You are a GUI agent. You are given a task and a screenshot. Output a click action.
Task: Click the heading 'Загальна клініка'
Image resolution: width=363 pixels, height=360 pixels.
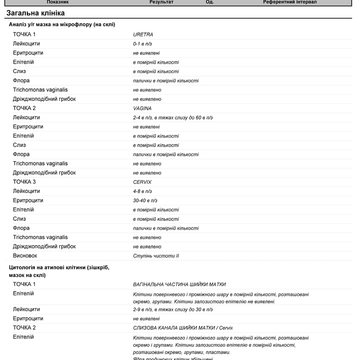pyautogui.click(x=36, y=13)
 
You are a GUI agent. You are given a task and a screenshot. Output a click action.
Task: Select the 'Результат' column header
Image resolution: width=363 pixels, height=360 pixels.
pyautogui.click(x=161, y=2)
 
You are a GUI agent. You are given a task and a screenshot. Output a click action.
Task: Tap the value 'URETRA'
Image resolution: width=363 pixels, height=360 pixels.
pyautogui.click(x=143, y=34)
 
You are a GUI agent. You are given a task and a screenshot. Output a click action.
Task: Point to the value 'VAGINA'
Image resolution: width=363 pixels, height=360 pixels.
pyautogui.click(x=142, y=109)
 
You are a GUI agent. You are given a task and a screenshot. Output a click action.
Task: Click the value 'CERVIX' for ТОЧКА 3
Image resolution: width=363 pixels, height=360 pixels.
pyautogui.click(x=142, y=182)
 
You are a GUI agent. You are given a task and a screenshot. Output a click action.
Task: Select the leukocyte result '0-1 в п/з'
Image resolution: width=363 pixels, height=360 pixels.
pyautogui.click(x=142, y=44)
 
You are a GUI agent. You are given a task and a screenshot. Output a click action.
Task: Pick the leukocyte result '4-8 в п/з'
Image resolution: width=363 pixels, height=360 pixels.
pyautogui.click(x=142, y=192)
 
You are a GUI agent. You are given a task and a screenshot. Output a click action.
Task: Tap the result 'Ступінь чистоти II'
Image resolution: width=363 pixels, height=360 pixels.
pyautogui.click(x=156, y=256)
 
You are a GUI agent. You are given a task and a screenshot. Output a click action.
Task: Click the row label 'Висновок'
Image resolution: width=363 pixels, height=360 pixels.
pyautogui.click(x=25, y=256)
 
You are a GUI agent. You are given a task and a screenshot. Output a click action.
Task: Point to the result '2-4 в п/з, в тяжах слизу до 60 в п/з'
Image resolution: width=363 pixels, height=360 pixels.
pyautogui.click(x=173, y=117)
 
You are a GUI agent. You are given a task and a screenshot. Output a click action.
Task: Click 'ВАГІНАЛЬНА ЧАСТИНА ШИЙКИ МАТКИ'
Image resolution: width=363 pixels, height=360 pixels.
pyautogui.click(x=179, y=285)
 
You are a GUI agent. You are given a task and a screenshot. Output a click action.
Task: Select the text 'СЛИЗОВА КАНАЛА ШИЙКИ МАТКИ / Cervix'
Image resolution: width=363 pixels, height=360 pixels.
pyautogui.click(x=183, y=328)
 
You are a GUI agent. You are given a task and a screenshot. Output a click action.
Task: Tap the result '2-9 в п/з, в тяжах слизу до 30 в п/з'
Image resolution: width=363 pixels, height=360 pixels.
pyautogui.click(x=173, y=310)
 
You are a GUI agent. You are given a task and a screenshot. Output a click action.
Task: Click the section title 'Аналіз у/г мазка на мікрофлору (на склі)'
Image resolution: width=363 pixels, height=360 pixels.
pyautogui.click(x=62, y=24)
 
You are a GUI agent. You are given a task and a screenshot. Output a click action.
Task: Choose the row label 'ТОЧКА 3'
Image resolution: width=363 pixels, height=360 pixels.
pyautogui.click(x=24, y=182)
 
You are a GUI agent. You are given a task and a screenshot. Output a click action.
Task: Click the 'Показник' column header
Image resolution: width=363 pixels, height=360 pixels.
pyautogui.click(x=58, y=2)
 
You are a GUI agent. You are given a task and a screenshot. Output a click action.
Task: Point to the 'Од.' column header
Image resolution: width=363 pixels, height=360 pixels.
pyautogui.click(x=210, y=2)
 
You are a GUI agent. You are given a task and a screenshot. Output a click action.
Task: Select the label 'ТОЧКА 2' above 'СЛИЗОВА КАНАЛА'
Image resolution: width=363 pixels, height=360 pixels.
pyautogui.click(x=24, y=327)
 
